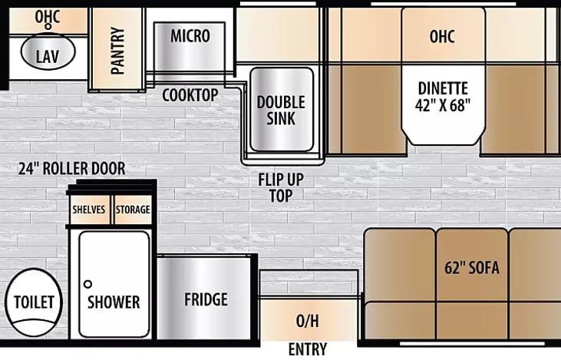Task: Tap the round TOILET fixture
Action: pyautogui.click(x=34, y=302)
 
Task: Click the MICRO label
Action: pyautogui.click(x=190, y=35)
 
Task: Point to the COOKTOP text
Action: pyautogui.click(x=190, y=94)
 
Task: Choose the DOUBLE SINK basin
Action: pyautogui.click(x=281, y=111)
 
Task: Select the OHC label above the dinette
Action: pyautogui.click(x=443, y=35)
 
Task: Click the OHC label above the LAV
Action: pyautogui.click(x=48, y=16)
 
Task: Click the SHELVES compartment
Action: pyautogui.click(x=90, y=210)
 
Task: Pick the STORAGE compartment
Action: pyautogui.click(x=133, y=210)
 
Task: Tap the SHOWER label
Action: pyautogui.click(x=114, y=302)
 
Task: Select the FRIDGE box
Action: pyautogui.click(x=205, y=299)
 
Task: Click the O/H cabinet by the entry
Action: pyautogui.click(x=308, y=319)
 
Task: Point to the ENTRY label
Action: pyautogui.click(x=308, y=349)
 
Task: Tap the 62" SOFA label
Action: pyautogui.click(x=471, y=268)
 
